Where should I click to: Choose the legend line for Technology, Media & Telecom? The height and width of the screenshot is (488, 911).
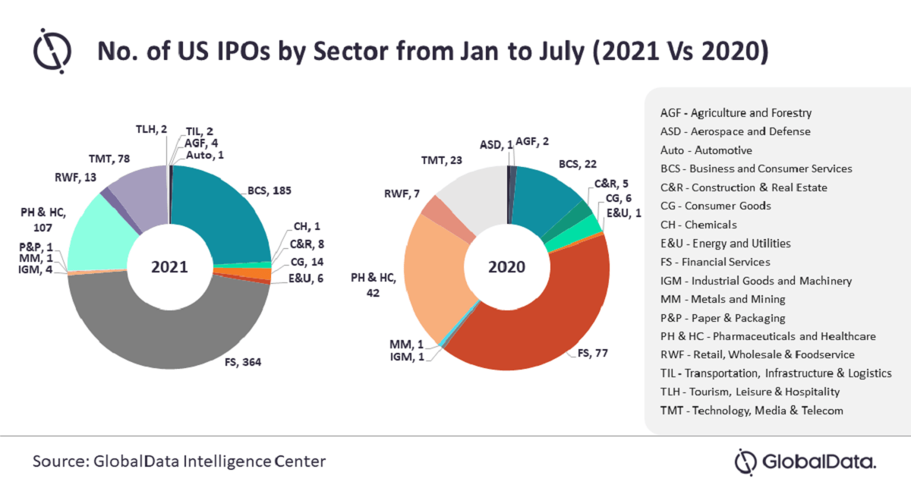752,411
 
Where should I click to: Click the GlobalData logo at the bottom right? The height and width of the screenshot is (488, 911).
806,461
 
